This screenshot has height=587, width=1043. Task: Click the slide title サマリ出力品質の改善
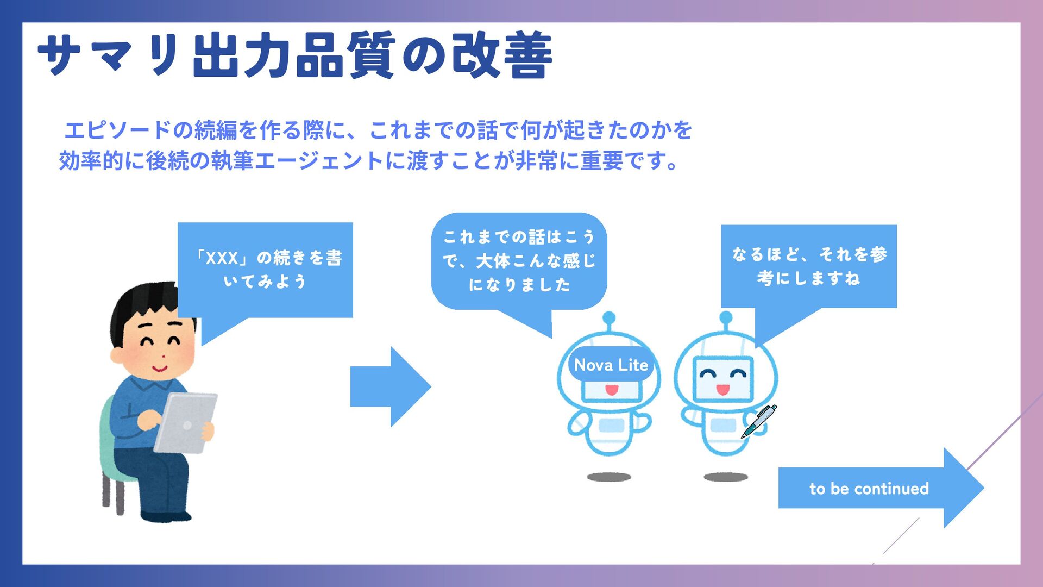[x=294, y=55]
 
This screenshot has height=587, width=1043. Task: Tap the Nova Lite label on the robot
[x=611, y=365]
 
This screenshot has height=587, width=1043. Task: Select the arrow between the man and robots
[x=390, y=387]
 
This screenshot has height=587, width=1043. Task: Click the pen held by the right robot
[x=759, y=421]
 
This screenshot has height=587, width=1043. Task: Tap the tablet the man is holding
[x=185, y=423]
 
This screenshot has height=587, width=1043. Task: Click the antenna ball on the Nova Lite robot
[x=609, y=317]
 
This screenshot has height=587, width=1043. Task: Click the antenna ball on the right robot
[x=726, y=317]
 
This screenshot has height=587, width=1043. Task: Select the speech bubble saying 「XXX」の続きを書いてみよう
[x=266, y=270]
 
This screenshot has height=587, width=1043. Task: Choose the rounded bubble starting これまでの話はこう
[x=519, y=261]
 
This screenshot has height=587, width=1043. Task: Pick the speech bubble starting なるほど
[x=809, y=266]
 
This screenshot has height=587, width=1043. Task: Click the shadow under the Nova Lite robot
[x=609, y=477]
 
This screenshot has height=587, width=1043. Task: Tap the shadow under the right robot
[x=726, y=477]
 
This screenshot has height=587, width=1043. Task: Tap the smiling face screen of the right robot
[x=723, y=379]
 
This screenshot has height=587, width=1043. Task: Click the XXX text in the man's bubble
[x=222, y=258]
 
